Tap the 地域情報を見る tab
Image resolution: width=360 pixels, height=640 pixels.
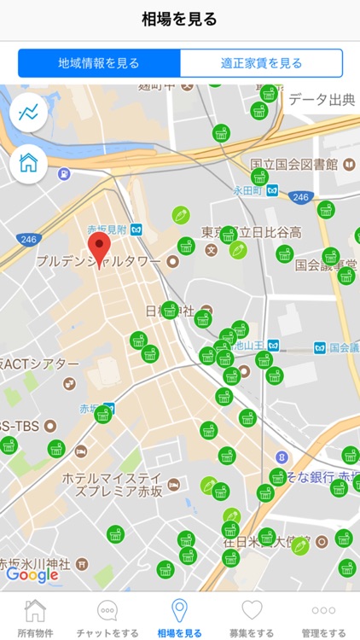pyautogui.click(x=99, y=63)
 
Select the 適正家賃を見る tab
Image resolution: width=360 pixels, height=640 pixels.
pyautogui.click(x=261, y=63)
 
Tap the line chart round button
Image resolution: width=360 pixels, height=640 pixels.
pyautogui.click(x=29, y=112)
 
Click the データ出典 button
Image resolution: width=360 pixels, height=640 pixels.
pyautogui.click(x=321, y=100)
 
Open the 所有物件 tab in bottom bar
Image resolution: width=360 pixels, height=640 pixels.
pyautogui.click(x=35, y=617)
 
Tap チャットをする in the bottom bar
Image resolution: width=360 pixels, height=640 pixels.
pyautogui.click(x=107, y=617)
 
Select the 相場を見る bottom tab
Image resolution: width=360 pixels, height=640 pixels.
pyautogui.click(x=180, y=617)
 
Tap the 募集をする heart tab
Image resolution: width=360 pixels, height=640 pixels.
pyautogui.click(x=252, y=617)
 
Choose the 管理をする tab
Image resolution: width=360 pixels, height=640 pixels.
pyautogui.click(x=323, y=617)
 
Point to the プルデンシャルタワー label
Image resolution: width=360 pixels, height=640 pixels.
pyautogui.click(x=98, y=261)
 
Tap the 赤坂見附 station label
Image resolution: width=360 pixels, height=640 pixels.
pyautogui.click(x=107, y=230)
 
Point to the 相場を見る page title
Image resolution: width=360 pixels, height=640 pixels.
pyautogui.click(x=180, y=20)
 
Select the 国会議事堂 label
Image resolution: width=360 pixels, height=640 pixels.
pyautogui.click(x=324, y=265)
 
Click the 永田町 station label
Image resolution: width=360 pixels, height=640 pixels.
pyautogui.click(x=249, y=190)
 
